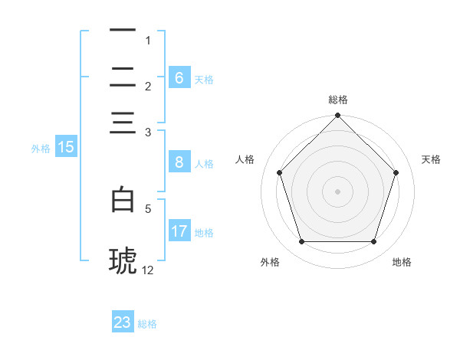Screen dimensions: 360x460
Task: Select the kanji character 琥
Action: (x=123, y=260)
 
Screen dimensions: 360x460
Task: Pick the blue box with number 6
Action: (x=179, y=78)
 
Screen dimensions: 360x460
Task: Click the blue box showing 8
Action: (x=179, y=162)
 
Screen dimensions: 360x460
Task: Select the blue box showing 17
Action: (x=179, y=231)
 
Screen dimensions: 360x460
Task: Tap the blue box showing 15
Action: (x=65, y=148)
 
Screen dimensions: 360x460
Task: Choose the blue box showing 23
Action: (x=123, y=322)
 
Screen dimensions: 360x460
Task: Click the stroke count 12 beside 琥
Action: (x=148, y=270)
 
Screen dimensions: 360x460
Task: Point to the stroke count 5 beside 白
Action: (x=148, y=207)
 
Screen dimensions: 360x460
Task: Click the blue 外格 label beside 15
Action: (x=41, y=149)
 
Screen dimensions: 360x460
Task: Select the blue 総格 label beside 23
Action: (x=147, y=324)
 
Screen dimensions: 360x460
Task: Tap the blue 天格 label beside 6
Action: (x=204, y=79)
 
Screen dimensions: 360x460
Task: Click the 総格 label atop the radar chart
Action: (x=338, y=100)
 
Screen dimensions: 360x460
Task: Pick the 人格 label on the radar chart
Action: (x=245, y=159)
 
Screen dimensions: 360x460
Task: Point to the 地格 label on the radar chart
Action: (x=402, y=262)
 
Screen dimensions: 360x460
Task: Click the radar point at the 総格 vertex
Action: (x=337, y=116)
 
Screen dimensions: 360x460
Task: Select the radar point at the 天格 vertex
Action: (x=396, y=172)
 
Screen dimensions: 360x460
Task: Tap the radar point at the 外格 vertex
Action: (x=301, y=242)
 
